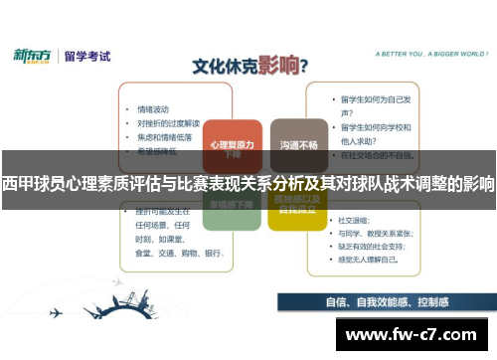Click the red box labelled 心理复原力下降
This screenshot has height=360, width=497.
(x=232, y=145)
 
